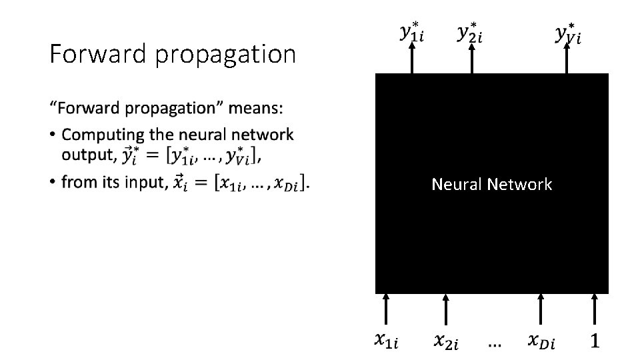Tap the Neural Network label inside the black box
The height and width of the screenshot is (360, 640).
point(491,184)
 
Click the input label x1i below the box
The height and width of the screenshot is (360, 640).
point(386,341)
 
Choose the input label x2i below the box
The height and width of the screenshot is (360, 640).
point(445,341)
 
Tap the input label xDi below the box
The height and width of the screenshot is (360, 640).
point(541,341)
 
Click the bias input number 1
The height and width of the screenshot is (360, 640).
point(595,341)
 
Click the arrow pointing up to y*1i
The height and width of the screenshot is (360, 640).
point(412,60)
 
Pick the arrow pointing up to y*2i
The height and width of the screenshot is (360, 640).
point(471,60)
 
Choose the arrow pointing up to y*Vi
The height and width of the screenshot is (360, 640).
point(567,60)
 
